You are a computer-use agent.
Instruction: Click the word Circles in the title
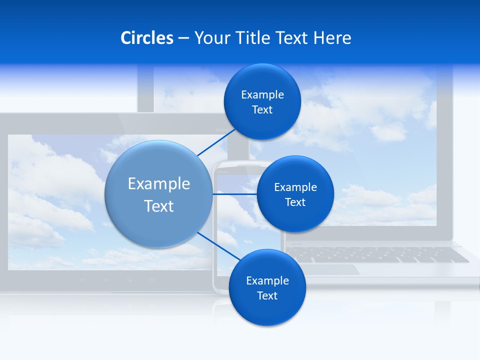(x=147, y=38)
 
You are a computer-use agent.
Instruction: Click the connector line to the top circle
(x=216, y=142)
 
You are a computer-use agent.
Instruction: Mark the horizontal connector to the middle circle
(x=234, y=193)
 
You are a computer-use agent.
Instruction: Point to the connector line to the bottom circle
(x=219, y=245)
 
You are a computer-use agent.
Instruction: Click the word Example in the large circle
(x=159, y=183)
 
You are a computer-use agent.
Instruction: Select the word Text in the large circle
(x=159, y=206)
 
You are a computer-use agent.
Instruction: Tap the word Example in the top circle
(x=262, y=94)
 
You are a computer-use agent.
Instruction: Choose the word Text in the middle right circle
(x=295, y=202)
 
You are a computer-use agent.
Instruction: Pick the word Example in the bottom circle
(x=267, y=280)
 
